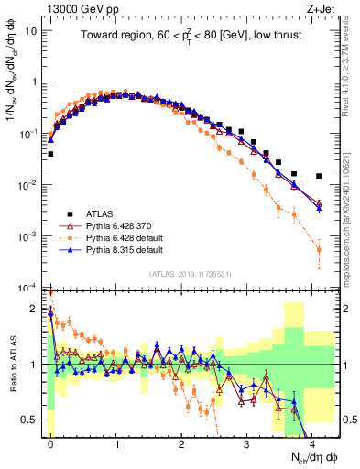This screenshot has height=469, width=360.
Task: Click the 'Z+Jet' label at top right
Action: tap(323, 8)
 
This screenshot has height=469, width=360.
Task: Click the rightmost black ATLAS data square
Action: tap(319, 176)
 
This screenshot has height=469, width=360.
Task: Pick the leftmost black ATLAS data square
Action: tap(50, 154)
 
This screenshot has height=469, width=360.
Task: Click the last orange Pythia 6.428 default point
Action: tap(319, 249)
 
